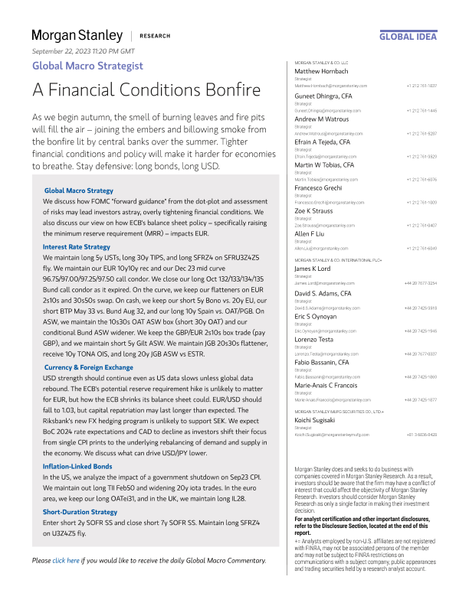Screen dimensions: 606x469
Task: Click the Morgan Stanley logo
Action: coord(77,35)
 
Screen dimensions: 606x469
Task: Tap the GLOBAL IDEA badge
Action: coord(408,36)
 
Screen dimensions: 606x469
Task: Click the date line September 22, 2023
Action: coord(83,50)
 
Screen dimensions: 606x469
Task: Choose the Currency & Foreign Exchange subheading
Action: coord(88,367)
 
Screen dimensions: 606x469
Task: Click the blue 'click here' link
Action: coord(67,561)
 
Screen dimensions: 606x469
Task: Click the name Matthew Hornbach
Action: coord(322,71)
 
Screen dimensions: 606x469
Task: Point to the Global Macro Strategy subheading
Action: coord(78,189)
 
